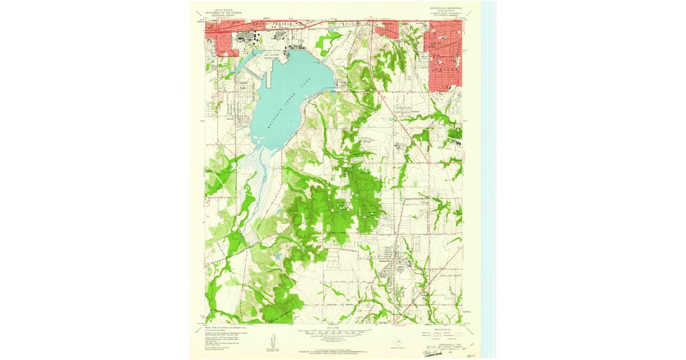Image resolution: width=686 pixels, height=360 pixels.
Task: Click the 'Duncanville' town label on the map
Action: (391, 264)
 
